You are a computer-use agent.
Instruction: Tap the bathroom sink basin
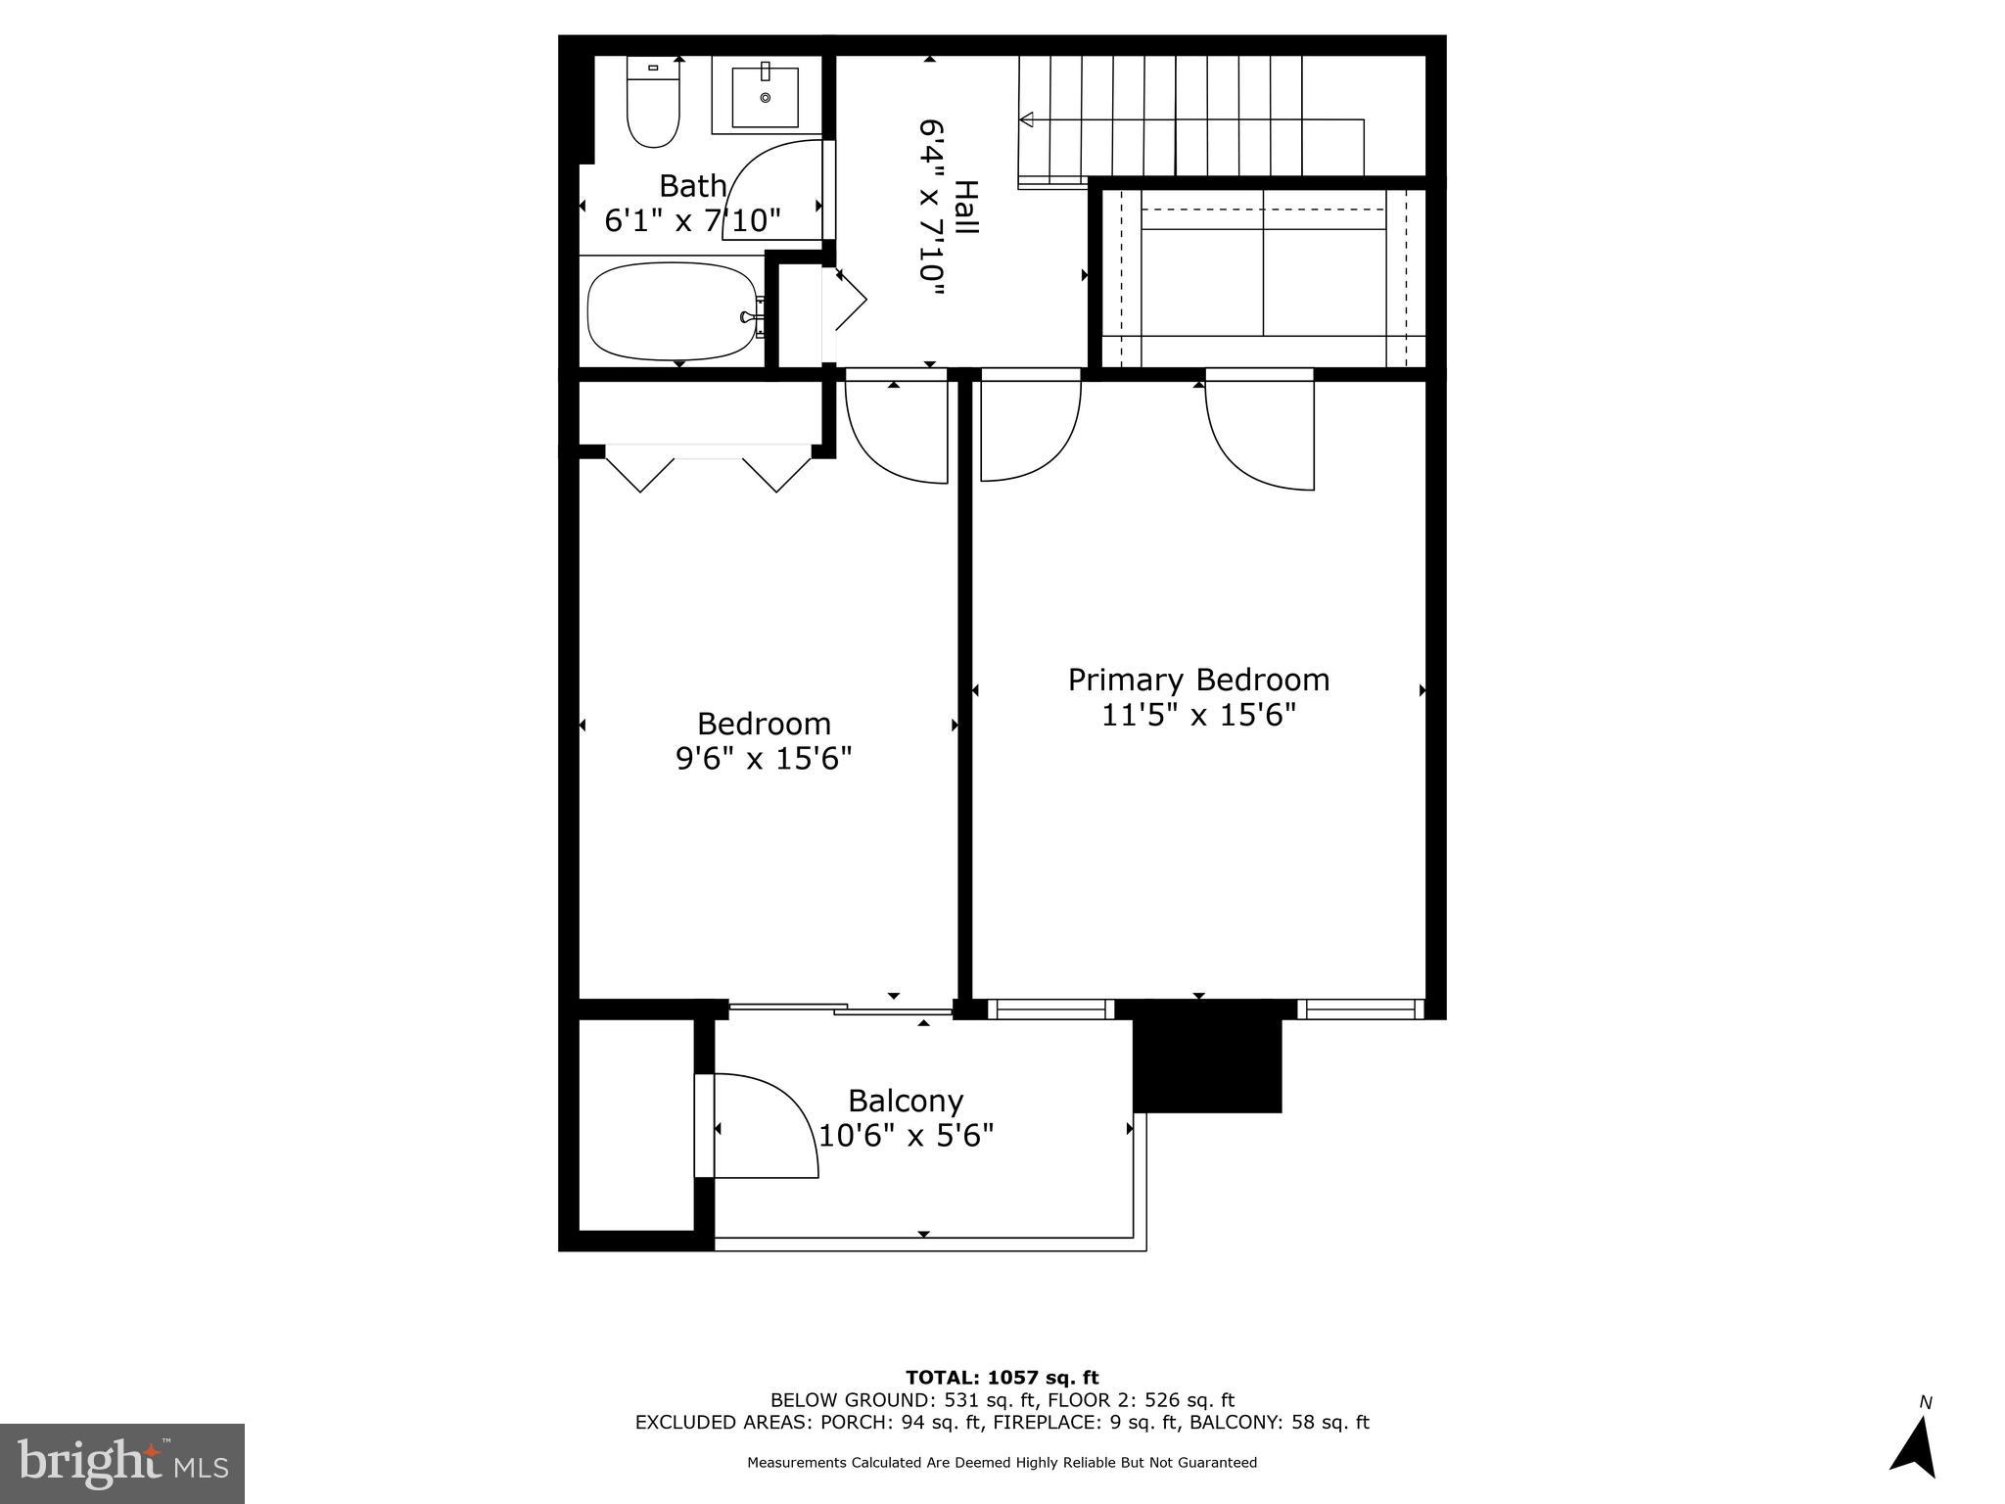tap(766, 95)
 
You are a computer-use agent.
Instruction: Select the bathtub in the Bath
tap(674, 312)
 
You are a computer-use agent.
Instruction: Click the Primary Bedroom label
tap(1198, 680)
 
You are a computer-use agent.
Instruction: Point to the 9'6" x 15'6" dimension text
tap(764, 758)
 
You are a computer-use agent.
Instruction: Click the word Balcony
tap(906, 1101)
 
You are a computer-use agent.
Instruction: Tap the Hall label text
tap(965, 207)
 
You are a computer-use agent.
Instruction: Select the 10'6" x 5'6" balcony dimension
tap(906, 1136)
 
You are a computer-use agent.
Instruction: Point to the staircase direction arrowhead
tap(1027, 119)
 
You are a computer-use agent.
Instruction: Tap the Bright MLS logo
tap(122, 1464)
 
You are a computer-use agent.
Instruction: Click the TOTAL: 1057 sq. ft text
tap(1002, 1378)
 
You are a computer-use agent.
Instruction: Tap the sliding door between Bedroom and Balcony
tap(840, 1008)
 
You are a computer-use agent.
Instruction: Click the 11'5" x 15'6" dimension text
tap(1198, 715)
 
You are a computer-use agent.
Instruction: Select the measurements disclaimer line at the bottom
tap(1002, 1463)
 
